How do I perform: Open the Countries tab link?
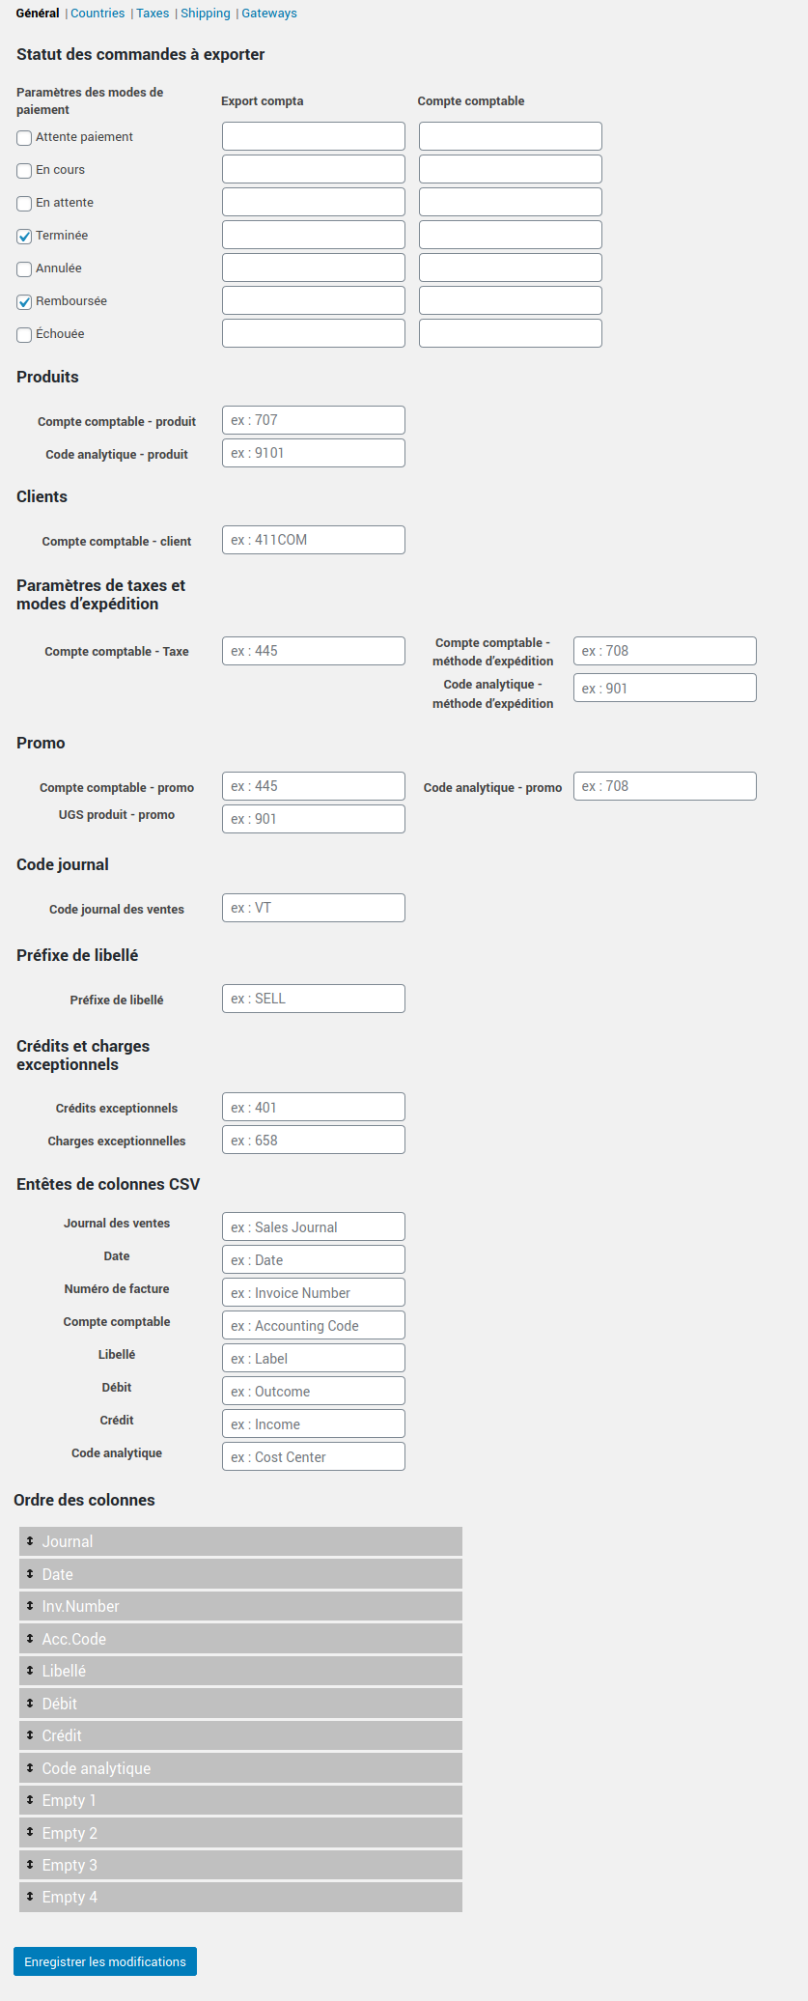pyautogui.click(x=98, y=14)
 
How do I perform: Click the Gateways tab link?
pyautogui.click(x=269, y=14)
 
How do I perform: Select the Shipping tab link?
pyautogui.click(x=206, y=14)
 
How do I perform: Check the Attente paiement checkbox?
pyautogui.click(x=25, y=138)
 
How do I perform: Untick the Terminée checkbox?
pyautogui.click(x=25, y=237)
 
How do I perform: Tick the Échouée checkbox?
pyautogui.click(x=25, y=335)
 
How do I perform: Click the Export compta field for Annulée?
pyautogui.click(x=313, y=268)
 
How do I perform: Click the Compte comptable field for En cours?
pyautogui.click(x=510, y=169)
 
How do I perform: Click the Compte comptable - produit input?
pyautogui.click(x=313, y=420)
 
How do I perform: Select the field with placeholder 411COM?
pyautogui.click(x=313, y=540)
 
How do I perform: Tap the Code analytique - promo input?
pyautogui.click(x=664, y=786)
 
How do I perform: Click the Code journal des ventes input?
pyautogui.click(x=313, y=908)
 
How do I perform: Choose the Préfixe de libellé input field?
pyautogui.click(x=313, y=999)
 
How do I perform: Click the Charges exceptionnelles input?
pyautogui.click(x=313, y=1140)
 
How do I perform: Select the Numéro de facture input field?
pyautogui.click(x=313, y=1292)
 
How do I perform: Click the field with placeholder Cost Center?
pyautogui.click(x=313, y=1456)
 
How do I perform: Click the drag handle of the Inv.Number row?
pyautogui.click(x=30, y=1606)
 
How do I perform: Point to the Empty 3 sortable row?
pyautogui.click(x=240, y=1865)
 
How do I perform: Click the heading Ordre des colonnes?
pyautogui.click(x=84, y=1500)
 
